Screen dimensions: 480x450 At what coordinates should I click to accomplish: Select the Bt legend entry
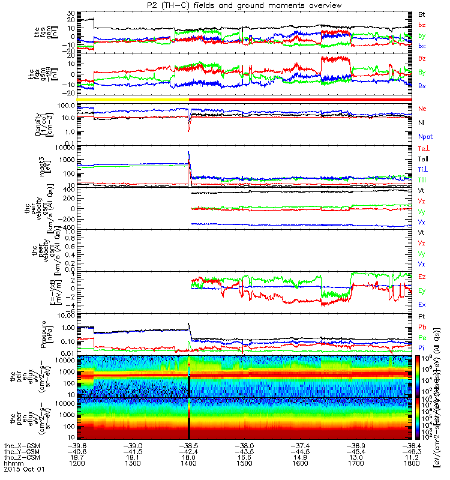(422, 13)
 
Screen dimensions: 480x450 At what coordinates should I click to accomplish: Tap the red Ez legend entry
(422, 277)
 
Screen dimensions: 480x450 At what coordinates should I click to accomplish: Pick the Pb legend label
(422, 327)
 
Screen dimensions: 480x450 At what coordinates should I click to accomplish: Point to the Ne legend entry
(422, 109)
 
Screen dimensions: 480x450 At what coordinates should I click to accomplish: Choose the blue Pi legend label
(421, 349)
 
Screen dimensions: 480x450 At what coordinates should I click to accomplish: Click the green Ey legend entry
(422, 291)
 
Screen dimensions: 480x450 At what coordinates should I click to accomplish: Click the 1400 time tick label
(190, 464)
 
